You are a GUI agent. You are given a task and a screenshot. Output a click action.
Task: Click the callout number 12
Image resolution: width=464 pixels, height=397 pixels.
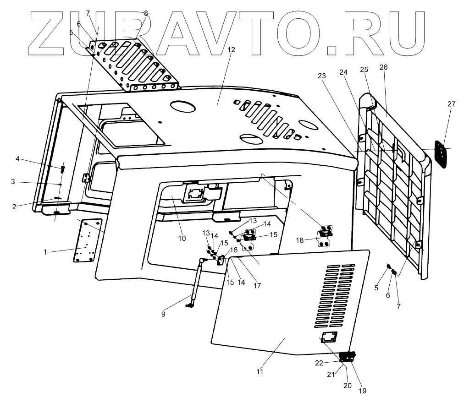click(231, 49)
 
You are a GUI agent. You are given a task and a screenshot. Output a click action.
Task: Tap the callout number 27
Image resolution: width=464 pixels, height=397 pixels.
click(451, 104)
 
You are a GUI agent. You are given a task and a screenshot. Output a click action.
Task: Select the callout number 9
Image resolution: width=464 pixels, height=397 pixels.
click(163, 314)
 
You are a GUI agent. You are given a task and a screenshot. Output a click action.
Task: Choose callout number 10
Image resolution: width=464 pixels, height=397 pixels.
click(182, 238)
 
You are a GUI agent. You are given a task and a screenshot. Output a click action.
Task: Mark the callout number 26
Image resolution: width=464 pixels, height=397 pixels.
click(383, 67)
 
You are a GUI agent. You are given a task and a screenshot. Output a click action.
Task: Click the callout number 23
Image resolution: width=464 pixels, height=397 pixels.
click(321, 76)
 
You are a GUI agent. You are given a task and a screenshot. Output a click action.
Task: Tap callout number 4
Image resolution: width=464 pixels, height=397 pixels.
click(17, 159)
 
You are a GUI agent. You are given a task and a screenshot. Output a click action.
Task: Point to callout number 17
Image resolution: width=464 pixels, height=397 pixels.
click(257, 285)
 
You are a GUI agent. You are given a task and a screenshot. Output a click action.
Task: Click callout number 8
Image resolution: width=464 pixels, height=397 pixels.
click(146, 13)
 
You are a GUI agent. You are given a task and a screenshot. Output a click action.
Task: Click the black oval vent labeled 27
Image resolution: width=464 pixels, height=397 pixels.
click(441, 154)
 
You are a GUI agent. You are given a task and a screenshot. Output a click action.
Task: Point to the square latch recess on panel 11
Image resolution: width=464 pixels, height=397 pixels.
click(329, 338)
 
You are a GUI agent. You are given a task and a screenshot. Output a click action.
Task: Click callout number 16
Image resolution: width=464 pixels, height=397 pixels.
click(233, 250)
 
